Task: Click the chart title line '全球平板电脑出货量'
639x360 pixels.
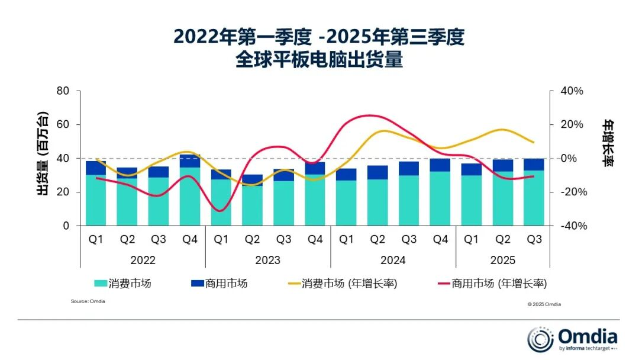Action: [319, 60]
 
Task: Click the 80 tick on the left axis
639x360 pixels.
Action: [63, 91]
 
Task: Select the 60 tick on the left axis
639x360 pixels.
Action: [63, 125]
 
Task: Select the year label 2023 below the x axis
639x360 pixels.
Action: [267, 260]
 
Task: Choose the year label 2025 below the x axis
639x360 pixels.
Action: [503, 260]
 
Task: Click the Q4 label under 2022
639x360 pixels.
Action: [189, 240]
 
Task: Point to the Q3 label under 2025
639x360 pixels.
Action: [534, 240]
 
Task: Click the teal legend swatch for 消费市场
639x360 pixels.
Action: [99, 284]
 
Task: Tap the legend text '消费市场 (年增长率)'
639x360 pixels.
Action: [349, 284]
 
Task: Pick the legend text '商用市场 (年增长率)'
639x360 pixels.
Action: [499, 284]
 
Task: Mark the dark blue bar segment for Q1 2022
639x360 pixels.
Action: [95, 168]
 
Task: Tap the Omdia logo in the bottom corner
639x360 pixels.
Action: [572, 338]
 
